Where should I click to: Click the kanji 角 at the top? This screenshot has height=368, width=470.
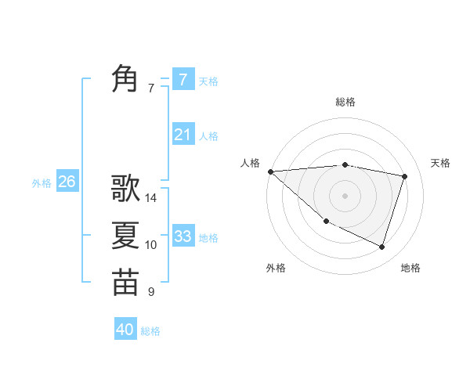pyautogui.click(x=125, y=79)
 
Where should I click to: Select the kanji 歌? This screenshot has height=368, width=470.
pyautogui.click(x=125, y=188)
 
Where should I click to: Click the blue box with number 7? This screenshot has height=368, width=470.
pyautogui.click(x=183, y=79)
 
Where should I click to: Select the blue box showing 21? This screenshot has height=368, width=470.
pyautogui.click(x=183, y=135)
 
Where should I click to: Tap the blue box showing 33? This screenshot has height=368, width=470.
pyautogui.click(x=183, y=236)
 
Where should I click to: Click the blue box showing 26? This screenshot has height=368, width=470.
pyautogui.click(x=67, y=182)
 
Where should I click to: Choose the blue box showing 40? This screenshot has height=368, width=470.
pyautogui.click(x=125, y=330)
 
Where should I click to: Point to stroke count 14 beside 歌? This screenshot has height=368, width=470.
pyautogui.click(x=151, y=198)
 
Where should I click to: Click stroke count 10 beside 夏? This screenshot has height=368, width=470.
pyautogui.click(x=151, y=245)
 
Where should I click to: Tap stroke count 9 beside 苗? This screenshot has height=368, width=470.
pyautogui.click(x=151, y=292)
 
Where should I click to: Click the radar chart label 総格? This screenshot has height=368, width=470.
pyautogui.click(x=345, y=102)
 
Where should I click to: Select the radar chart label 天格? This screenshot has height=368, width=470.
pyautogui.click(x=441, y=163)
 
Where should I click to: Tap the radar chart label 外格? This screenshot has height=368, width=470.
pyautogui.click(x=276, y=268)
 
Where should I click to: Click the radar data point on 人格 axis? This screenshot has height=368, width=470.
pyautogui.click(x=270, y=171)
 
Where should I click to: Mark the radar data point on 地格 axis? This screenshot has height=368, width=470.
pyautogui.click(x=382, y=247)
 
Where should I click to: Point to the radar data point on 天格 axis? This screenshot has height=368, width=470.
pyautogui.click(x=405, y=176)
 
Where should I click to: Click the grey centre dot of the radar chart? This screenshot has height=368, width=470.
pyautogui.click(x=345, y=195)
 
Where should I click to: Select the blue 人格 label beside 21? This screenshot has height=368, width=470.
pyautogui.click(x=208, y=136)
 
